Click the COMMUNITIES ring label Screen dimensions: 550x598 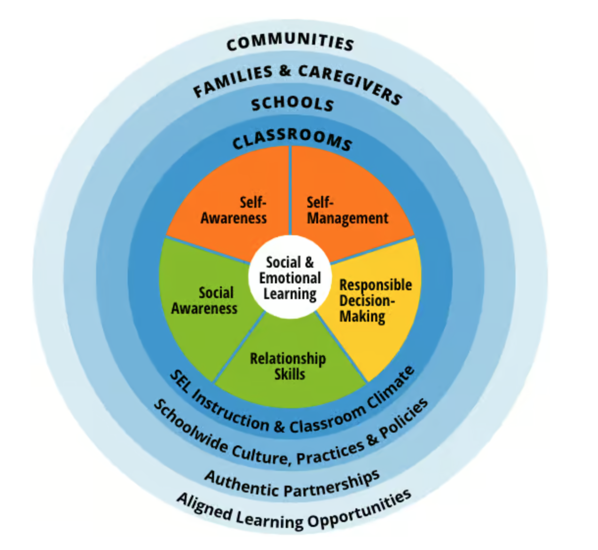(x=290, y=42)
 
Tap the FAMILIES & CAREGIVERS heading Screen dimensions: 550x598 (x=298, y=82)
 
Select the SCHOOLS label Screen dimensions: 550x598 (x=293, y=104)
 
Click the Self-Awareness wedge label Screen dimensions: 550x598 (x=234, y=210)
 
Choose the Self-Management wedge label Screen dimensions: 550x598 (x=347, y=211)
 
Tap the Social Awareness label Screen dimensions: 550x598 (x=205, y=301)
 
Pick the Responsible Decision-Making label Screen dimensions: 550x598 (x=375, y=301)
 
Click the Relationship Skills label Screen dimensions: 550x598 (x=288, y=366)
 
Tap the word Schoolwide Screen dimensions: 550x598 (x=190, y=426)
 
